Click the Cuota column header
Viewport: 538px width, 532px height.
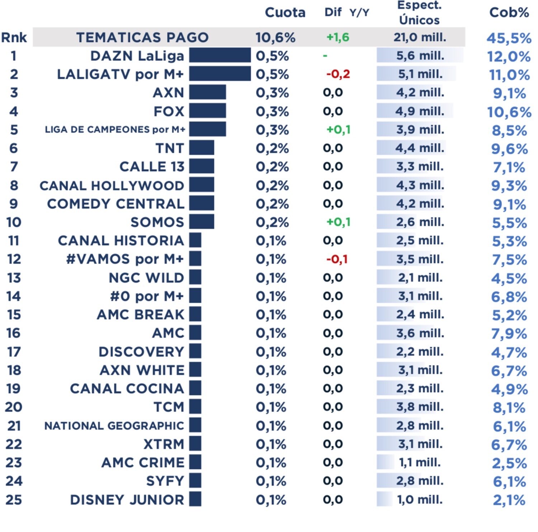click(285, 13)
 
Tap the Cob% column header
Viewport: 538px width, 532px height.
click(509, 13)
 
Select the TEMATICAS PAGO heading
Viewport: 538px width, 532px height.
click(142, 37)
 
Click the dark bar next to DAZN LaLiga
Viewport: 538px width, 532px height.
click(220, 56)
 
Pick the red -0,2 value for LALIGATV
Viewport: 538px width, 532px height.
click(338, 74)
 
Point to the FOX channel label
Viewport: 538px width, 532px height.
click(169, 111)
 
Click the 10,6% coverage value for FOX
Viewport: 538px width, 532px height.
click(509, 112)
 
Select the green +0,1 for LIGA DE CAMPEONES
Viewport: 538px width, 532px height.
click(338, 130)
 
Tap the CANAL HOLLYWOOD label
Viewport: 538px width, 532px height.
click(112, 186)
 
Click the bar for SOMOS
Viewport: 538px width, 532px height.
click(202, 221)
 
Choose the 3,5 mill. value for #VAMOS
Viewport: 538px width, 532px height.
click(420, 259)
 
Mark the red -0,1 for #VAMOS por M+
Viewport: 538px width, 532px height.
click(337, 259)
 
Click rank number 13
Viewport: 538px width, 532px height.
click(14, 278)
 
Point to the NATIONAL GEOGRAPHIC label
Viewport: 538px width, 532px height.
click(114, 426)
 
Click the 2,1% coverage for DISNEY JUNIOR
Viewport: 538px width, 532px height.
click(509, 500)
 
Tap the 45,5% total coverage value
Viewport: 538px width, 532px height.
click(509, 38)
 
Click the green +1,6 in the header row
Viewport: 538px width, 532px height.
click(338, 37)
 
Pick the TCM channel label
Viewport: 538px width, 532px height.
click(169, 407)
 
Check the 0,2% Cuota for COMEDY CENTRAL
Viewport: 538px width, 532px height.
click(272, 204)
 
